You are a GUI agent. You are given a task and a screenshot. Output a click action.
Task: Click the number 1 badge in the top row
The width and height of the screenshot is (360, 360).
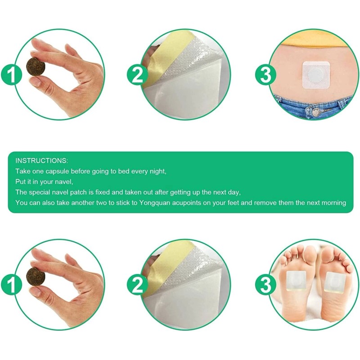pos(11,75)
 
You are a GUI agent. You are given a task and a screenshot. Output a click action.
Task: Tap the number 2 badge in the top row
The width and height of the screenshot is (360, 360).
pos(137,75)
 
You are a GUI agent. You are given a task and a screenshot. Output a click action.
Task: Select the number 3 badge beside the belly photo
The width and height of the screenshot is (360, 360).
pos(265,75)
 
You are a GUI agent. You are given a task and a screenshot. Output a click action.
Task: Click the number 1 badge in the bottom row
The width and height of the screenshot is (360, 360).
pos(11,285)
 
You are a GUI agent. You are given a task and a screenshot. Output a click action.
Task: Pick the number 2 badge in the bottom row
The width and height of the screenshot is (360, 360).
pos(137,285)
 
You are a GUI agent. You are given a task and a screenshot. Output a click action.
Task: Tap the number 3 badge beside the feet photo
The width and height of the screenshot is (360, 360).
pos(265,285)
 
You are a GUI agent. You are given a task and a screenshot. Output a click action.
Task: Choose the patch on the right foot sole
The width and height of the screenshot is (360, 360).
pos(334,283)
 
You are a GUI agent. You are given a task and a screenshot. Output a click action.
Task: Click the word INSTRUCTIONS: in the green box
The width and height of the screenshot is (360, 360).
pos(42,161)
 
